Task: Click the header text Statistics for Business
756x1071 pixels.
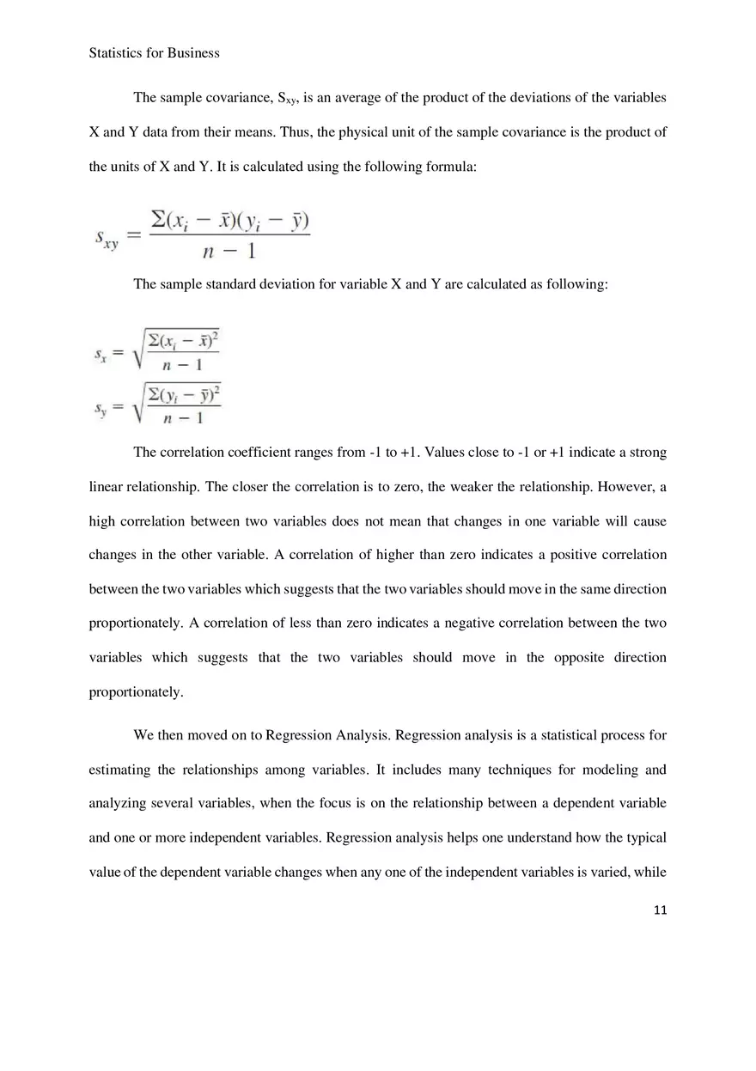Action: pyautogui.click(x=154, y=53)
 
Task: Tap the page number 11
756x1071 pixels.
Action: pyautogui.click(x=659, y=910)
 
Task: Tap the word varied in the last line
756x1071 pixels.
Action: pyautogui.click(x=611, y=872)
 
